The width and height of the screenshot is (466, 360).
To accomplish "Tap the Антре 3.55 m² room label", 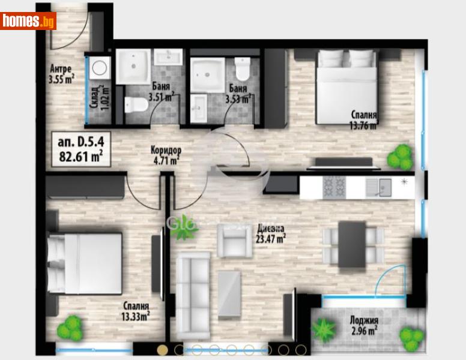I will point(61,72).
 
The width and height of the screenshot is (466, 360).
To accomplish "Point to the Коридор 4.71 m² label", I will point(166,155).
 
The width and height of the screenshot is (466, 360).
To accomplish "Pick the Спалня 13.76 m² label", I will point(365,119).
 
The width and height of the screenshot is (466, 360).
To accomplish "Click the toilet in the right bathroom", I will point(243,70).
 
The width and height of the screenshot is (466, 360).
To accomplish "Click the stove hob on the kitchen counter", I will point(332,188).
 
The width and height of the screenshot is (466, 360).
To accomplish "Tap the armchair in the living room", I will point(234,241).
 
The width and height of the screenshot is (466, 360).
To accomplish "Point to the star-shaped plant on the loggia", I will point(324,329).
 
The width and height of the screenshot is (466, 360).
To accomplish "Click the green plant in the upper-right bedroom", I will point(399,157).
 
